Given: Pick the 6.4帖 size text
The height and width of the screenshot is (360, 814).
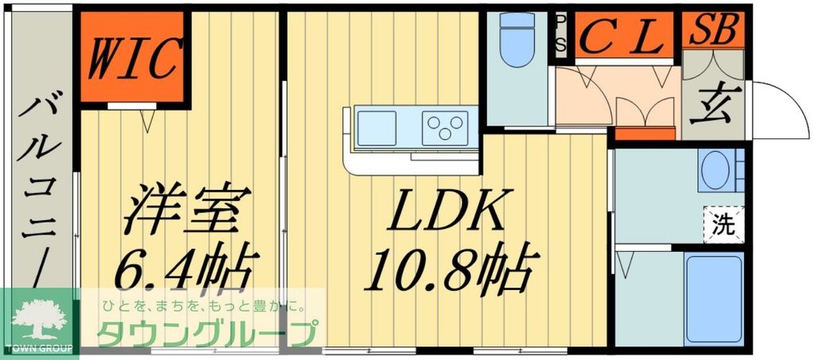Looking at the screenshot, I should (184, 268).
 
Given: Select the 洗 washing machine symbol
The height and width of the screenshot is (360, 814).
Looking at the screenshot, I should (723, 223).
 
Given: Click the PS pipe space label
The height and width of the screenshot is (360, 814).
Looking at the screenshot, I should (560, 33).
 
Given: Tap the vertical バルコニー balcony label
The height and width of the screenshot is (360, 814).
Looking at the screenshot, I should (37, 191).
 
